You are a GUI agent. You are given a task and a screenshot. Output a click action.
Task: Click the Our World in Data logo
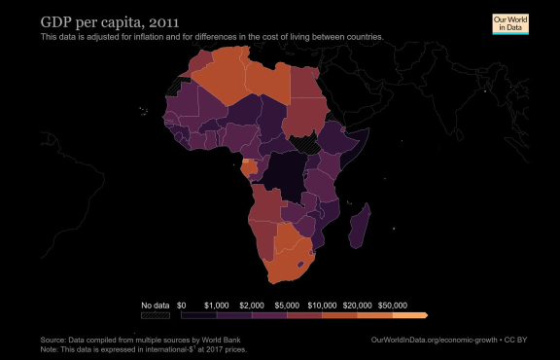tap(510, 24)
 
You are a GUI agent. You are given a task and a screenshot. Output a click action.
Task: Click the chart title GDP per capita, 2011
tap(110, 22)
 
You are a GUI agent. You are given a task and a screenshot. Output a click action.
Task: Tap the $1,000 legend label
tap(217, 306)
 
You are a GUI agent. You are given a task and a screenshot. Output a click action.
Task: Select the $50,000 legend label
tap(393, 306)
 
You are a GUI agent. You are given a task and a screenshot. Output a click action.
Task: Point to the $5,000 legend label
tap(287, 306)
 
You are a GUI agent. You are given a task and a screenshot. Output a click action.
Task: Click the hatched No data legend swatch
tap(156, 315)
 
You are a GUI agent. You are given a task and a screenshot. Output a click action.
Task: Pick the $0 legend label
tap(182, 306)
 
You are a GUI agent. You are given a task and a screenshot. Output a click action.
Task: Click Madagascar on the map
tap(360, 227)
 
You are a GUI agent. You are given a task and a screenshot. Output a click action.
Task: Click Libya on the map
tap(268, 81)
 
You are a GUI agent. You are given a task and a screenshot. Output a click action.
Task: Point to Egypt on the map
tap(305, 83)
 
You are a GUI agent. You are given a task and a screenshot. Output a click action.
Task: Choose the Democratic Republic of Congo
tap(286, 175)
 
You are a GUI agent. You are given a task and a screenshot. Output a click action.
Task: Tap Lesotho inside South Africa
tap(300, 265)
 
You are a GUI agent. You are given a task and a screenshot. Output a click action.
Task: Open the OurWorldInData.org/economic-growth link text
tap(434, 340)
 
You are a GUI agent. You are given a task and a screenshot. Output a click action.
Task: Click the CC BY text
tap(515, 340)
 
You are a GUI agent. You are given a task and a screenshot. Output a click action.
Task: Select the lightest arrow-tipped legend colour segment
tap(410, 315)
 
